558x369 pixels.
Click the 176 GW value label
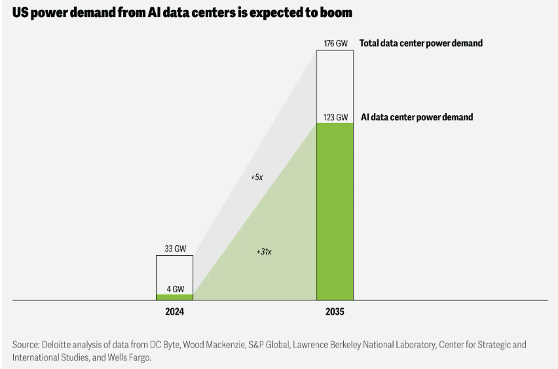coord(335,44)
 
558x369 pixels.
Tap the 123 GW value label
coord(335,118)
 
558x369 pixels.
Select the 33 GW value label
coord(174,249)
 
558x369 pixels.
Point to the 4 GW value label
coord(174,288)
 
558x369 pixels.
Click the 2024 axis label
coord(174,312)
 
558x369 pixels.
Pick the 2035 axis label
coord(335,312)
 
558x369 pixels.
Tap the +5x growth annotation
coord(257,177)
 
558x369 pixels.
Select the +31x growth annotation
coord(264,251)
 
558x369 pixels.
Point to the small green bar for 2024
coord(174,297)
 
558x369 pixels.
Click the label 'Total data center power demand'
coord(420,44)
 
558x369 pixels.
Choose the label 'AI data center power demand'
coord(417,118)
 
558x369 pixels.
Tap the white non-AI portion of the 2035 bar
coord(335,82)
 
